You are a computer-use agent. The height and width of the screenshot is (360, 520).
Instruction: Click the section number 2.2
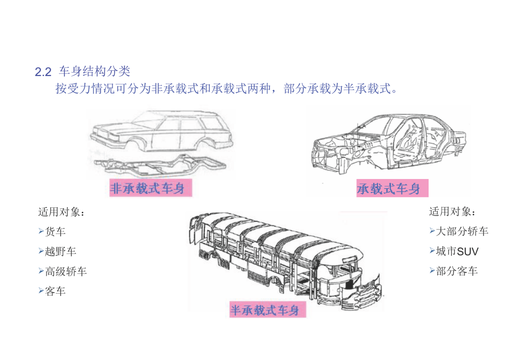point(43,72)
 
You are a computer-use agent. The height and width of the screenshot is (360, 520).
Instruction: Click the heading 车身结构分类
point(94,71)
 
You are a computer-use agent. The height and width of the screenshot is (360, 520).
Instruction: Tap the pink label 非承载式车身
point(151,188)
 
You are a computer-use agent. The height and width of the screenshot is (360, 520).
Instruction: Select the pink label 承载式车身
point(392,188)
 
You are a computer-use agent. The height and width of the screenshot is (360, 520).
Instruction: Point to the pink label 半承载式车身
point(268,310)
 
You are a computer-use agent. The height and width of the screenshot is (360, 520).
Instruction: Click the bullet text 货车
point(55,231)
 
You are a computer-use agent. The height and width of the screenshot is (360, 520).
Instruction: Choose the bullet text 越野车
point(60,251)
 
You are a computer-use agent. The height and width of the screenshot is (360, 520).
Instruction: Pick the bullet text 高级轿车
point(65,271)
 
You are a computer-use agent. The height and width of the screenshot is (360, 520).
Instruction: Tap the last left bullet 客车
point(55,291)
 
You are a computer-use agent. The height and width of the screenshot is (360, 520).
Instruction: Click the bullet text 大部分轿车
point(462,231)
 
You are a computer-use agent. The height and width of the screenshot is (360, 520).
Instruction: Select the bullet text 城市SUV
point(457,251)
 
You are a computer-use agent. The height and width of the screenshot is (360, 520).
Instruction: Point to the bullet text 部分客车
point(456,271)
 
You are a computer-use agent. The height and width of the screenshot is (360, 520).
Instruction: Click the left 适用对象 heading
point(61,212)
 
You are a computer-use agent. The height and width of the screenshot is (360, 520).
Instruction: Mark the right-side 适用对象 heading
point(452,211)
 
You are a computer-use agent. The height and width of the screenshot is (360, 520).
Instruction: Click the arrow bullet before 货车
point(41,231)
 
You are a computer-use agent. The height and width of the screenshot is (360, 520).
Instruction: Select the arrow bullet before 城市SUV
point(432,251)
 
